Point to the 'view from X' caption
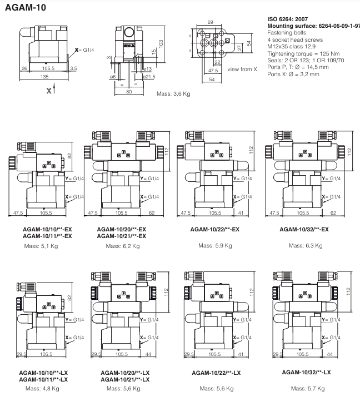tap(242, 69)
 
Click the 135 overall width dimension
tap(44, 77)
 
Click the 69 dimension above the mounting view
tap(210, 21)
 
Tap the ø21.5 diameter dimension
tap(149, 76)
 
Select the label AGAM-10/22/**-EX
tap(215, 229)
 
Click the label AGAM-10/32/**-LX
tap(306, 372)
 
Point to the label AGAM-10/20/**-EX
tap(121, 229)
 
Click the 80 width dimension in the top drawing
tap(128, 92)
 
